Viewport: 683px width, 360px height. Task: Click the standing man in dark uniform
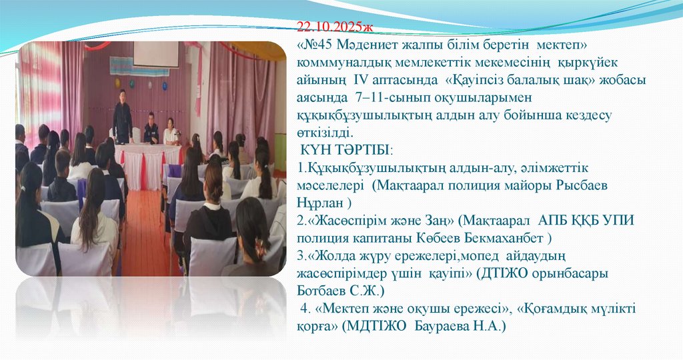(122, 117)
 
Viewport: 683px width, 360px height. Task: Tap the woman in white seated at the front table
(171, 133)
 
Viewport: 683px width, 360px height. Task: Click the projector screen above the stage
(155, 54)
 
